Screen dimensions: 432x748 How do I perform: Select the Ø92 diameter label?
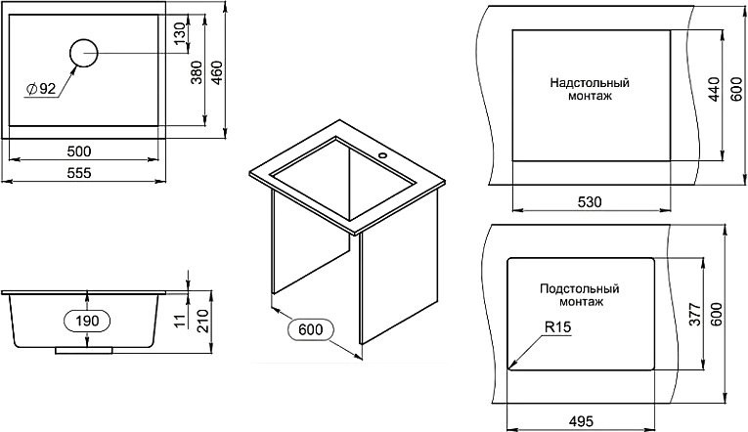click(42, 90)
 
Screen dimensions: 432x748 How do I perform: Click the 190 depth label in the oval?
click(87, 320)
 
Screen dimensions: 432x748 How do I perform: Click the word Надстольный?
click(590, 84)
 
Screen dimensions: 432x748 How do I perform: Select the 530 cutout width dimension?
click(590, 201)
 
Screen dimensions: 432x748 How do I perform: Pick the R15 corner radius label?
click(557, 328)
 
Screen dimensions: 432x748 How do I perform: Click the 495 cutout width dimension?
click(583, 421)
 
